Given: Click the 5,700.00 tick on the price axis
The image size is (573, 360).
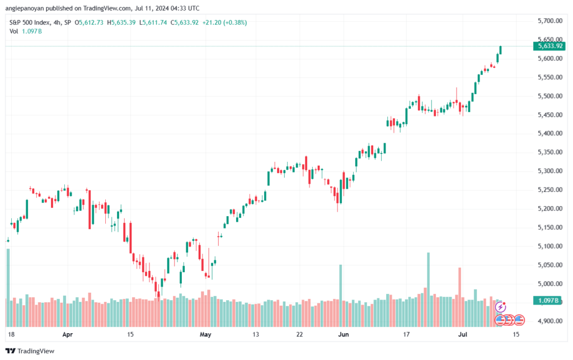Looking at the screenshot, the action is click(550, 21).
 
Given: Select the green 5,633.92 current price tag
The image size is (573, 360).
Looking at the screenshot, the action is click(549, 46).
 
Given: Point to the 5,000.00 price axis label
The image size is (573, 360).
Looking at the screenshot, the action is click(550, 284).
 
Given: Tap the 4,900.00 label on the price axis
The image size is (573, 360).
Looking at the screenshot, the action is click(550, 321).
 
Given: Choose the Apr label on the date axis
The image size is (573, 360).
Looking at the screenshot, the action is click(68, 334).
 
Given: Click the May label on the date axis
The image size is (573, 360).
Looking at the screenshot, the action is click(205, 334).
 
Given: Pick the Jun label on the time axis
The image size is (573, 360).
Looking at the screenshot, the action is click(343, 334).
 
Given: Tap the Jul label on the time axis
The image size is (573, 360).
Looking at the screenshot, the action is click(463, 334).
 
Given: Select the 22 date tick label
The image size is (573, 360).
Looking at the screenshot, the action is click(299, 334).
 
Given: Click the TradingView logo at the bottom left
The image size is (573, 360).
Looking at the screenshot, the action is click(30, 351).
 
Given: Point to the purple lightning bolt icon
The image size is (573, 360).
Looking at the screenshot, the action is click(500, 307).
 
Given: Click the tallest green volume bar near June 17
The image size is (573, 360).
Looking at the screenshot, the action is click(428, 289).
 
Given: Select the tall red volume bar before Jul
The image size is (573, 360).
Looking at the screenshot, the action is click(460, 297).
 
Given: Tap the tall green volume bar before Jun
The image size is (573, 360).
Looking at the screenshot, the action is click(341, 296).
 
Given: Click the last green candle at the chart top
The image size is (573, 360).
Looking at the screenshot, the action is click(500, 50).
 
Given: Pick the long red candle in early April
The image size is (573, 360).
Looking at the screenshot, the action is click(90, 209).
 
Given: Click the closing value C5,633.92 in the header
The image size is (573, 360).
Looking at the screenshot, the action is click(185, 22).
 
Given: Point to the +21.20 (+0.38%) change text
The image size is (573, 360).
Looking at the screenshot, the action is click(224, 22).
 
